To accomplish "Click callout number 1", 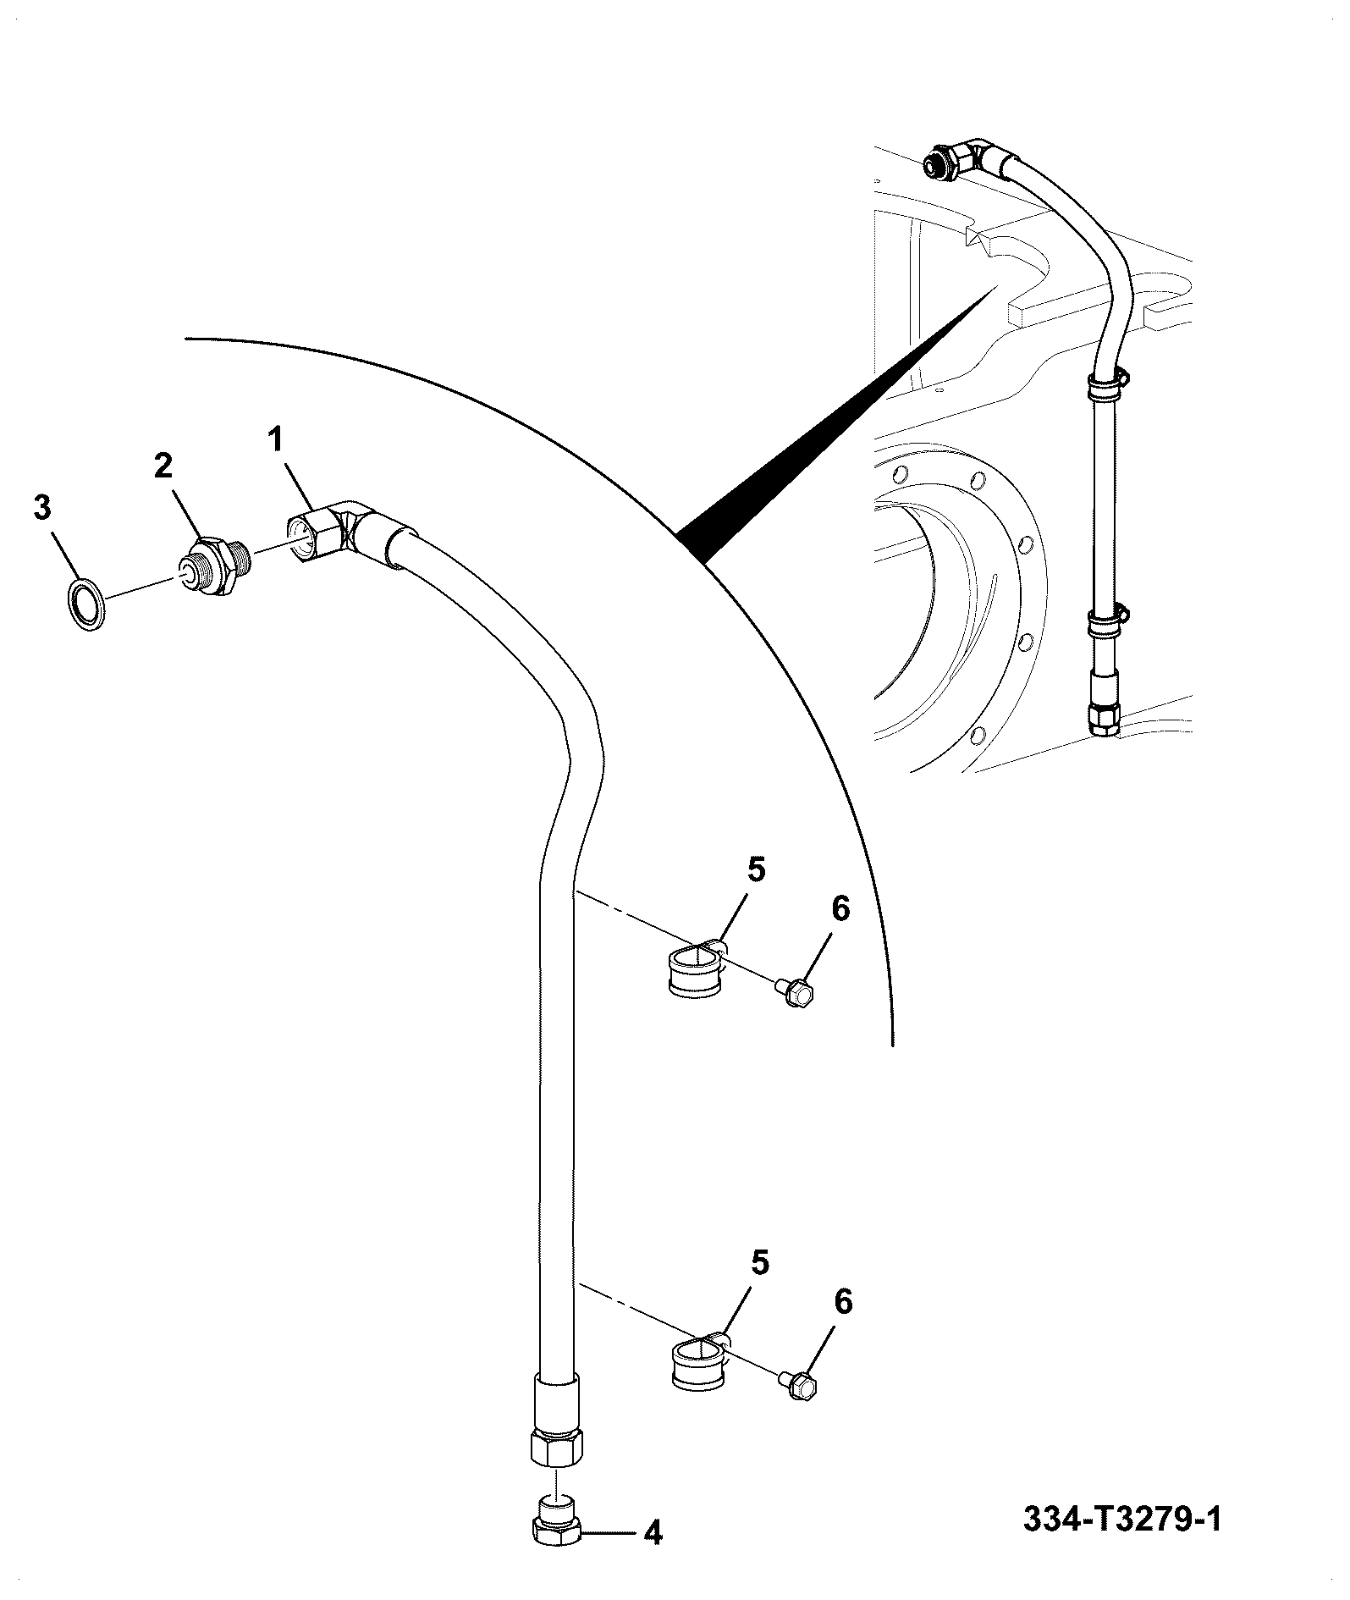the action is (x=275, y=440).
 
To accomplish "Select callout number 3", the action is (x=42, y=508).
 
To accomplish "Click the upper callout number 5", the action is (x=756, y=870).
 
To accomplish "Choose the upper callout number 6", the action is (x=840, y=908).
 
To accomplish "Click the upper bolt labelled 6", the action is (x=796, y=990).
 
